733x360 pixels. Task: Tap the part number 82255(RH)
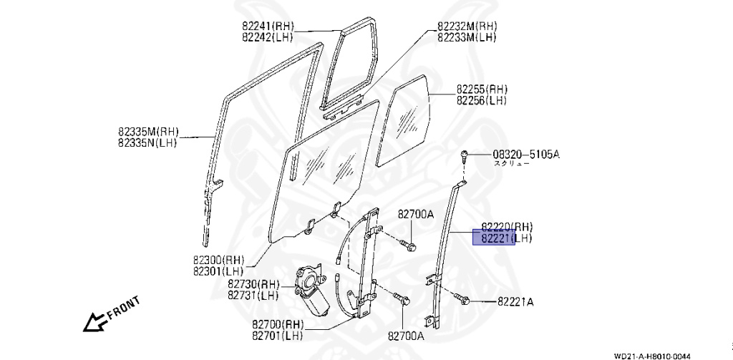pos(482,89)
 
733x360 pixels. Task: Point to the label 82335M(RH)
pos(148,132)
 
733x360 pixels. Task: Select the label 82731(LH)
pos(253,296)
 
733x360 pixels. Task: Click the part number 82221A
pos(515,302)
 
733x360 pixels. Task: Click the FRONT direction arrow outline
pos(94,323)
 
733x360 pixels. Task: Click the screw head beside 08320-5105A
pos(464,155)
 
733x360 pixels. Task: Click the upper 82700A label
pos(416,214)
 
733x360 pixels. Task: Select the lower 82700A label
pos(406,334)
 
